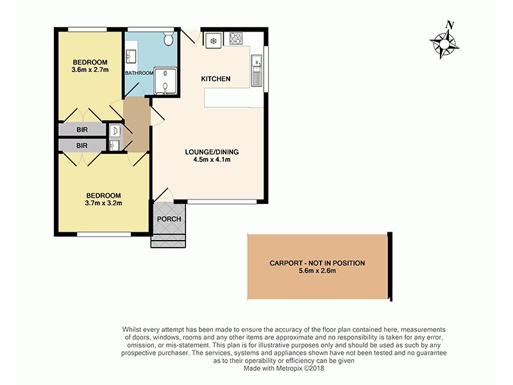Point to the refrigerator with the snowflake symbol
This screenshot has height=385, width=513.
coord(213,39)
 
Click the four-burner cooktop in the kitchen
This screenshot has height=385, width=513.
coord(235,38)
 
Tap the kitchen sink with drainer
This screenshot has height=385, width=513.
coord(257,71)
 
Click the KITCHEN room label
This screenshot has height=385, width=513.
coord(215,79)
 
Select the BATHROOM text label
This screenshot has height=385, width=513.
coord(139,73)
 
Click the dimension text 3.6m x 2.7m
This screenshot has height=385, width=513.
coord(90,71)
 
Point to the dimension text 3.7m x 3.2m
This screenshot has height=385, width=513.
coord(103,203)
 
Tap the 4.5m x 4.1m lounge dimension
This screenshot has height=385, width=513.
coord(212,160)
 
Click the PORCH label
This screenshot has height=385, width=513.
coord(169,219)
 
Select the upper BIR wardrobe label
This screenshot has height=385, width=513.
coord(82,130)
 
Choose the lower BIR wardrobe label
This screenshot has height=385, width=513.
coord(82,146)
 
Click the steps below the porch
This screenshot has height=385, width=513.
coord(168,241)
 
